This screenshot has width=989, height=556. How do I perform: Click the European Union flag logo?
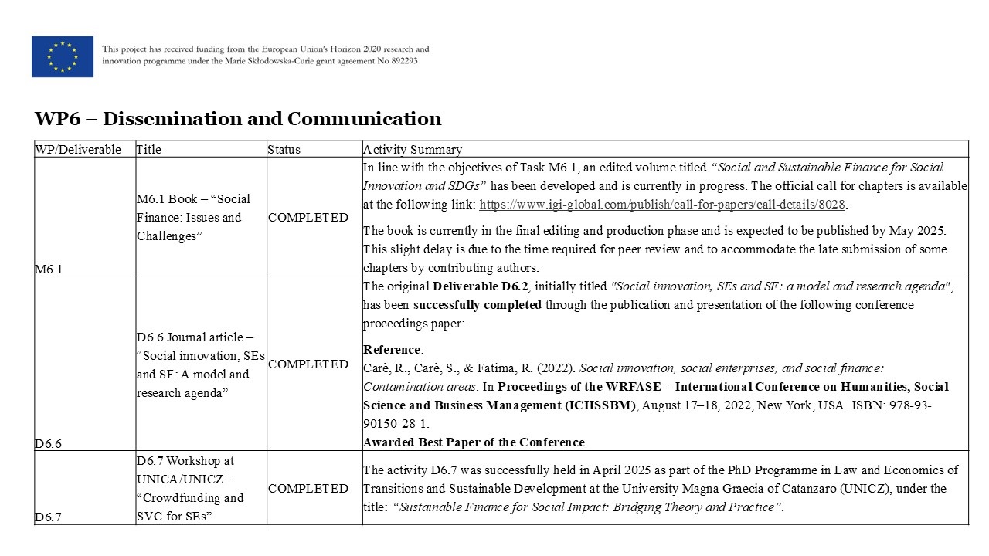coord(63,56)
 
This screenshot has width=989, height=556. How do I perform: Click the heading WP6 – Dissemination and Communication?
coord(238,119)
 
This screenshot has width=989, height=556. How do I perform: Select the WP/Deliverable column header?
coord(78,150)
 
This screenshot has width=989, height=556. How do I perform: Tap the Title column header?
coord(149,150)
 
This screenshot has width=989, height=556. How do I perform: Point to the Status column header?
coord(284,150)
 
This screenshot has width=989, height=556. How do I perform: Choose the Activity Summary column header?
coord(413,150)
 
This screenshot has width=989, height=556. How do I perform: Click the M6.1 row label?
coord(49,269)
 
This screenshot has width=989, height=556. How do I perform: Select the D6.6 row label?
coord(48,443)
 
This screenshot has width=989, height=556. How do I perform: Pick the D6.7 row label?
coord(48,517)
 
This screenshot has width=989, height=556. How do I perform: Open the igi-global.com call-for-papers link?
coord(662,205)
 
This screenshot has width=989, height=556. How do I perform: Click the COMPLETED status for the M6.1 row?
coord(308,218)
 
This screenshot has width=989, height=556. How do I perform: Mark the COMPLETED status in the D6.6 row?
coord(308,364)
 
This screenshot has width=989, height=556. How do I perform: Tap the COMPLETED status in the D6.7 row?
coord(308,489)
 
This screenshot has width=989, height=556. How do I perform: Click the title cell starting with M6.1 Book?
coord(193,218)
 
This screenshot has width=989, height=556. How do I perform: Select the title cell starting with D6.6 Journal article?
coord(200,364)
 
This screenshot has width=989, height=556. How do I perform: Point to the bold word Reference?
coord(393,350)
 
